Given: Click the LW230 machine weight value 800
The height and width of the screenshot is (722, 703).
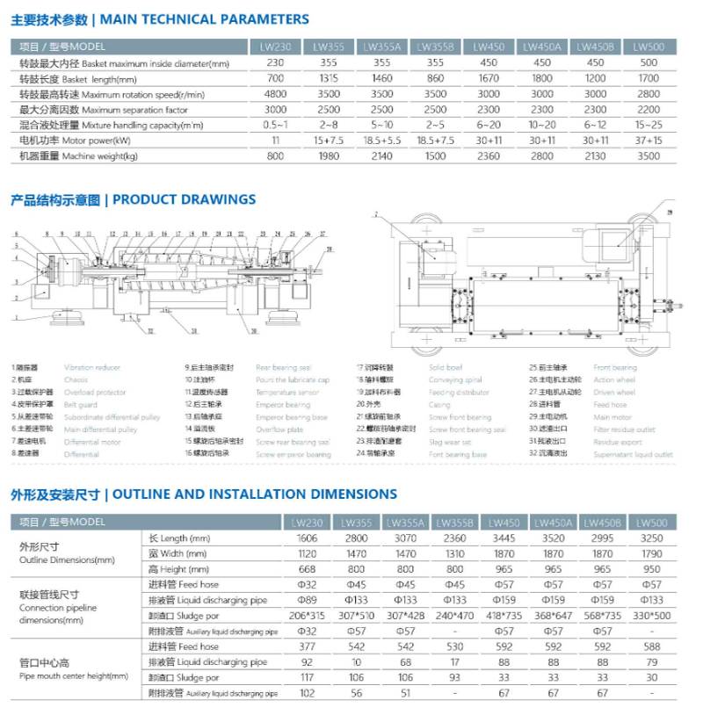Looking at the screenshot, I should click(x=276, y=156).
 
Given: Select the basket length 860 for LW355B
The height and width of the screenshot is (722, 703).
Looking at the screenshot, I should click(x=435, y=78).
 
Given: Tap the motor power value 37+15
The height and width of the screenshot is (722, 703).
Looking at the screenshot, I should click(x=648, y=141).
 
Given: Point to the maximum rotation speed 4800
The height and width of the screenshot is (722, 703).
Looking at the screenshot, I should click(x=276, y=94).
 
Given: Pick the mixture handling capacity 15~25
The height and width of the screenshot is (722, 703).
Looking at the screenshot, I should click(x=648, y=125).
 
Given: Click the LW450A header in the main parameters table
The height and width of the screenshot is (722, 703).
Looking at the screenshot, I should click(x=542, y=47).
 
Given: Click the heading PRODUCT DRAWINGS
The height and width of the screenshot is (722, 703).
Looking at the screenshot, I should click(x=184, y=199).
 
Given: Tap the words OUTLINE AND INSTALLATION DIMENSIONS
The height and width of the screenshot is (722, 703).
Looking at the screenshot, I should click(x=255, y=495).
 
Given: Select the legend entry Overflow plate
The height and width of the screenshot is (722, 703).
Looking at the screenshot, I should click(x=279, y=430).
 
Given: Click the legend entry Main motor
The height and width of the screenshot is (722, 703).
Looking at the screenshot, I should click(x=612, y=417).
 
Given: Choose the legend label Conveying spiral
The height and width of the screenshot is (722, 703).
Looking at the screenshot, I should click(x=455, y=380).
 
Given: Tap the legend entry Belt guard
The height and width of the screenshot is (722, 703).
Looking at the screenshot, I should click(x=81, y=405).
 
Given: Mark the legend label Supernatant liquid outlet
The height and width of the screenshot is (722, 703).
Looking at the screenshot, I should click(x=633, y=455).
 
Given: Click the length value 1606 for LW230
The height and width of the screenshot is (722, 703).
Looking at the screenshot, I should click(x=306, y=538).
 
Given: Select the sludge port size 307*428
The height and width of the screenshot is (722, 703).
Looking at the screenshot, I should click(x=406, y=616).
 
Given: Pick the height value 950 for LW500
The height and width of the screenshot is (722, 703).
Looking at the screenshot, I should click(x=650, y=569).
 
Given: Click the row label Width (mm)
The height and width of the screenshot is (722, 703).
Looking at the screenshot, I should click(x=178, y=553).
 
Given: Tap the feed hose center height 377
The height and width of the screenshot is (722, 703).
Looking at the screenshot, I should click(x=306, y=646).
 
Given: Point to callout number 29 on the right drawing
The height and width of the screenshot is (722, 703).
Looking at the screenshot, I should click(x=667, y=213).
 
